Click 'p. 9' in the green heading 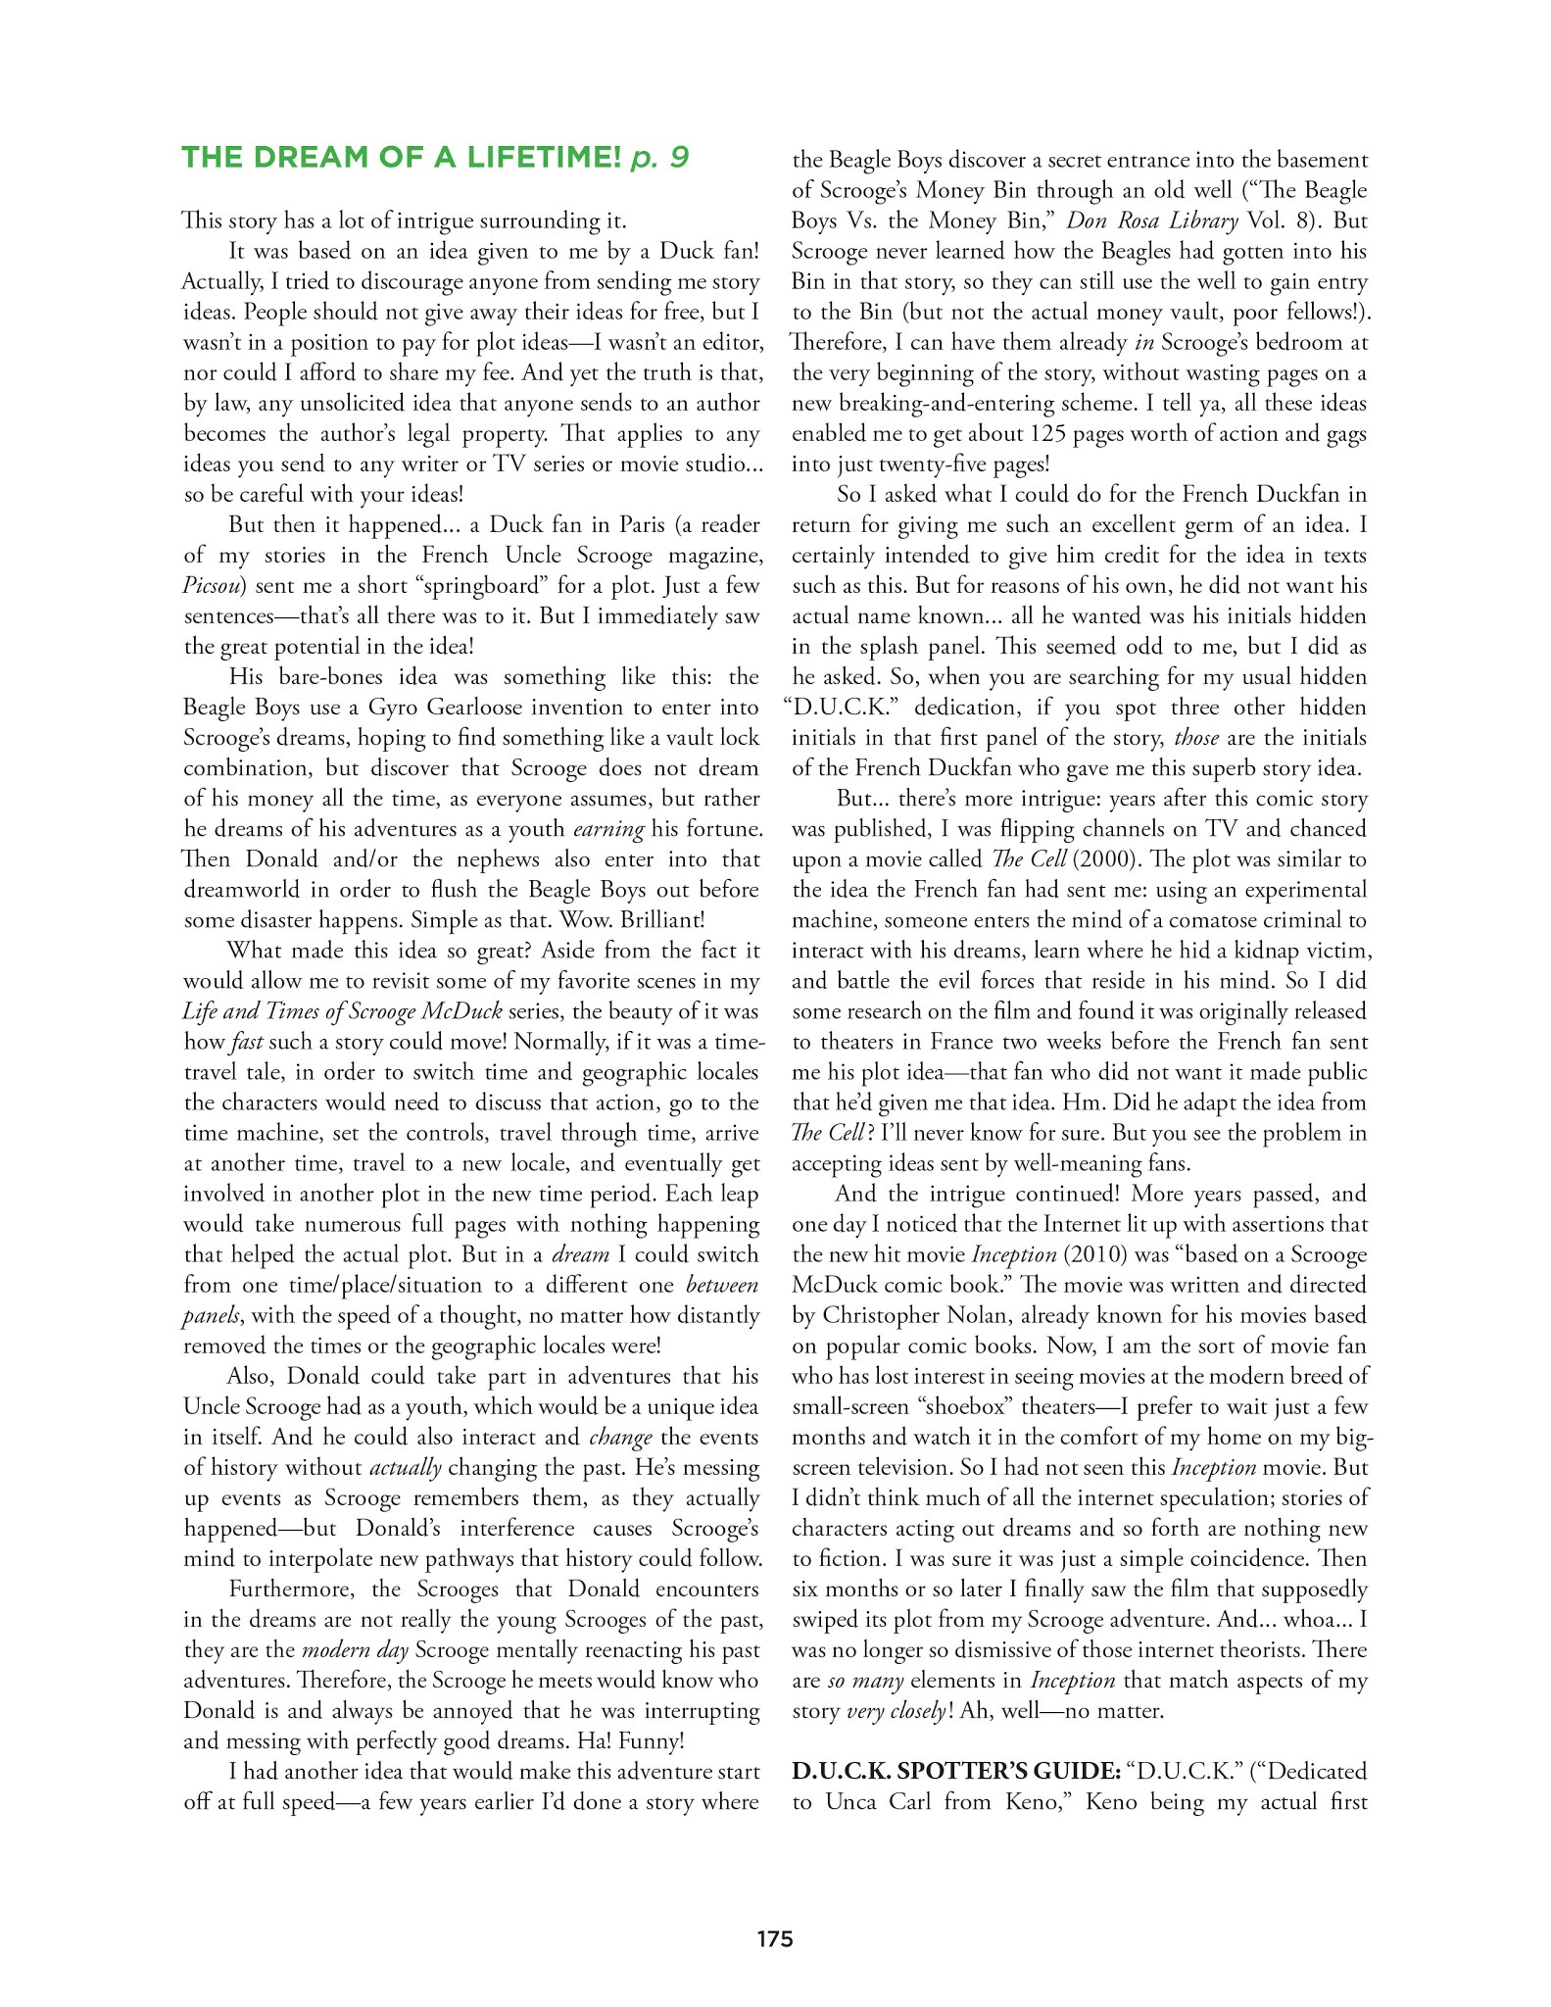tap(658, 157)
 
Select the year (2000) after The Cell tap(1099, 859)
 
